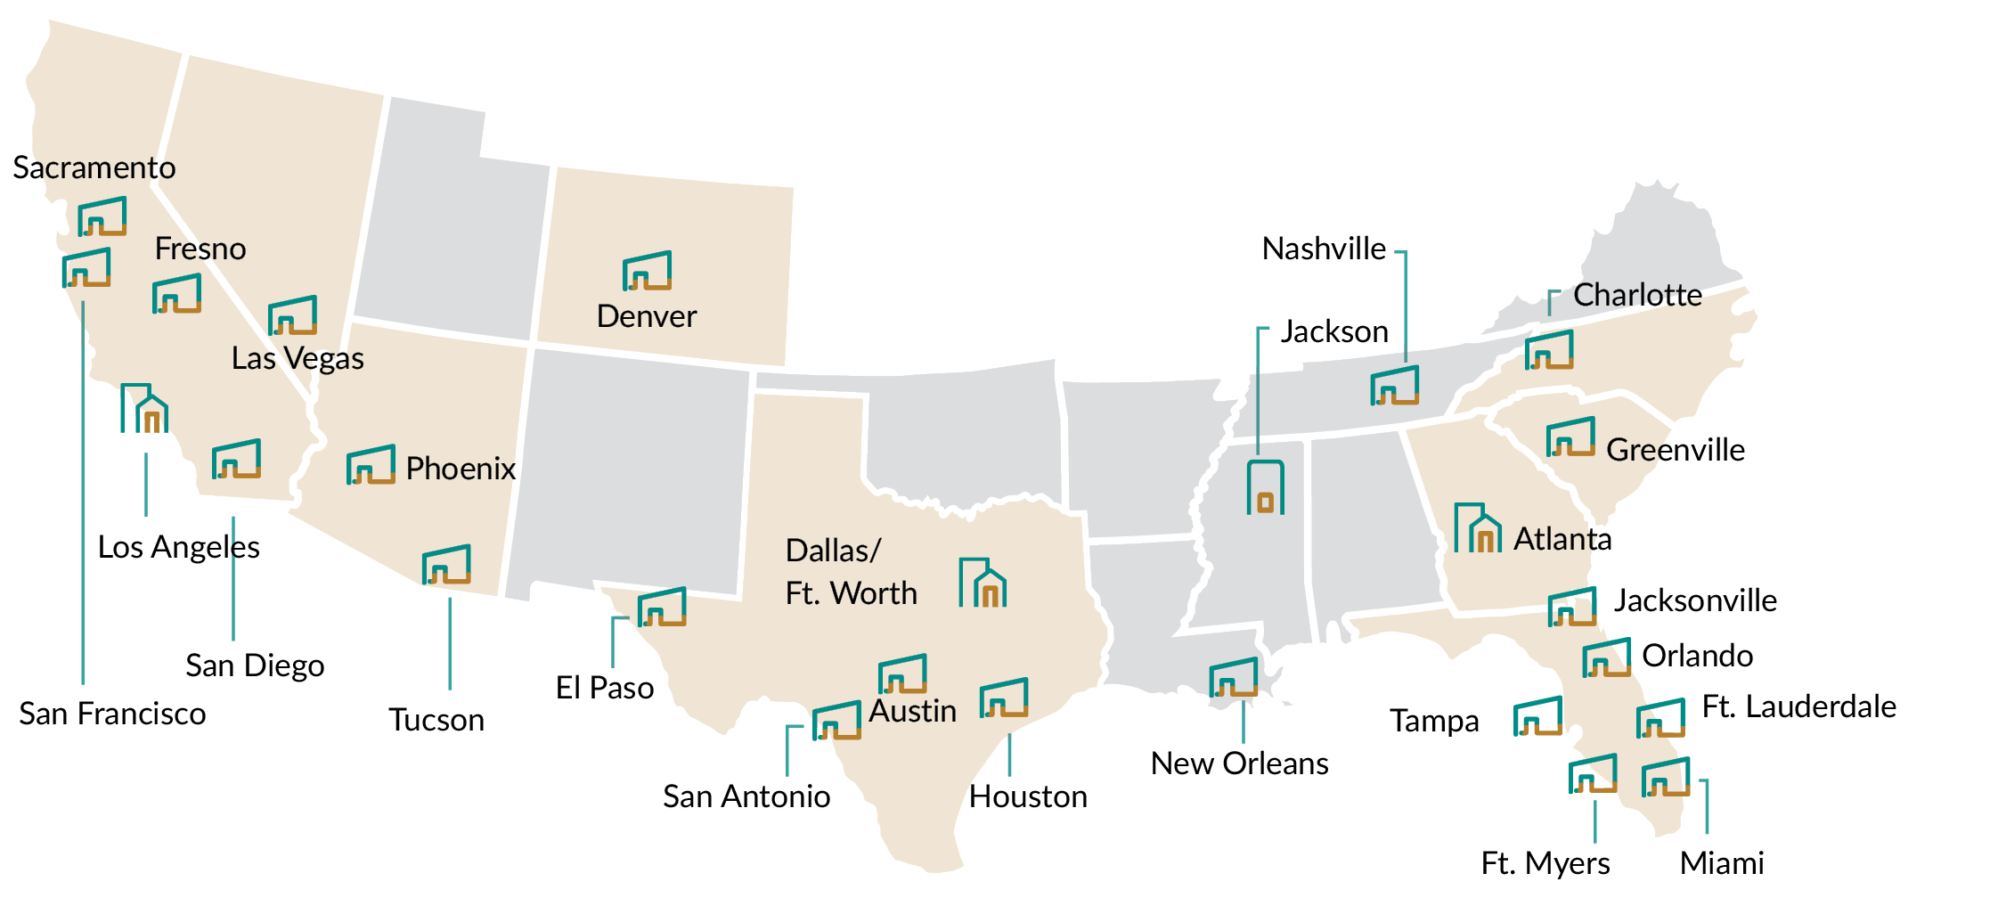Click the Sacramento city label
click(x=94, y=167)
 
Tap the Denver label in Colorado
click(x=646, y=316)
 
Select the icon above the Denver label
click(x=647, y=271)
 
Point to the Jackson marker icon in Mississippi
click(x=1265, y=487)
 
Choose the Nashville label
click(x=1324, y=249)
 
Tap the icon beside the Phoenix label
click(x=371, y=464)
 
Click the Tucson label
click(x=436, y=720)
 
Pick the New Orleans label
click(x=1239, y=763)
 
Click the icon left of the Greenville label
click(x=1570, y=437)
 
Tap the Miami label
click(x=1721, y=863)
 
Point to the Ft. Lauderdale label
click(x=1798, y=706)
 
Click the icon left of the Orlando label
click(x=1606, y=657)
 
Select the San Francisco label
click(x=112, y=714)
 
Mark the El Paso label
click(x=604, y=688)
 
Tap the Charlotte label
click(x=1637, y=295)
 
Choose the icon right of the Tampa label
click(x=1537, y=716)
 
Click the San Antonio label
click(x=746, y=796)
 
